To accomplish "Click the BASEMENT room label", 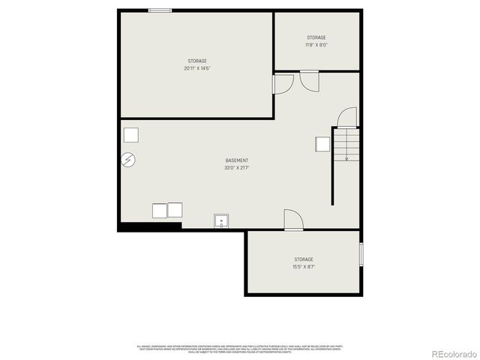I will click(236, 160).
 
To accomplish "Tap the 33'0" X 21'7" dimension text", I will click(236, 168).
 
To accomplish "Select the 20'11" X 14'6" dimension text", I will click(197, 68).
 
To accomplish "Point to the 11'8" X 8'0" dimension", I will click(316, 45).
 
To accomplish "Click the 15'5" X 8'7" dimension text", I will click(304, 266).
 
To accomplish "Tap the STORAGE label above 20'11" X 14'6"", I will click(197, 61).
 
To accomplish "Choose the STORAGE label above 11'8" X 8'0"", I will click(316, 37).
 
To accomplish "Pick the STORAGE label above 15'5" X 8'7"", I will click(304, 259).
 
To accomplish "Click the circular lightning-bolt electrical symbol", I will click(129, 160).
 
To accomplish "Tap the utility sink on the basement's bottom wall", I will click(222, 221).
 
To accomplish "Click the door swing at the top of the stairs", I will click(347, 118).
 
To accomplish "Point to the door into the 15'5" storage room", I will click(293, 220).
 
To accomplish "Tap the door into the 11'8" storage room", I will click(309, 79).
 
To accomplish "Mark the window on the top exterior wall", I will click(160, 10).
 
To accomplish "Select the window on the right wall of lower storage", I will click(361, 255).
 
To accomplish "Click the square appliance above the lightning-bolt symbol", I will click(131, 135).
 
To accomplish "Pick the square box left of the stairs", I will click(323, 144).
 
